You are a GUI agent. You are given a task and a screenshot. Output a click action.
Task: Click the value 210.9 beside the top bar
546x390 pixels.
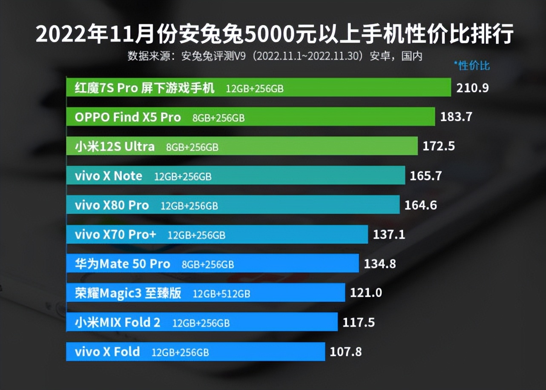click(472, 88)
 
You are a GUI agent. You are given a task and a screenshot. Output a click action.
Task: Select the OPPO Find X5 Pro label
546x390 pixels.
click(128, 118)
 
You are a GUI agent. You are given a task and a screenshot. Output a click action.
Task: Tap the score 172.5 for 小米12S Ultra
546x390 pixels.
click(439, 146)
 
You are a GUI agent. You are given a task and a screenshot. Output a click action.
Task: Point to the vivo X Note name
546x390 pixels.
click(109, 176)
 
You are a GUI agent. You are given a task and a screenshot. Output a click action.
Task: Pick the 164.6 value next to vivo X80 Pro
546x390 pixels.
click(421, 205)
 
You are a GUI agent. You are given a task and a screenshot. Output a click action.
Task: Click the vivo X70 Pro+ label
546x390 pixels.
click(116, 234)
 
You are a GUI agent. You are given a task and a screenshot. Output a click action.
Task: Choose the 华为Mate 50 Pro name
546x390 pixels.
click(122, 264)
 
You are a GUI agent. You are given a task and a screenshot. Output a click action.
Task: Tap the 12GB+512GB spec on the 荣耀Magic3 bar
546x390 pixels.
click(221, 293)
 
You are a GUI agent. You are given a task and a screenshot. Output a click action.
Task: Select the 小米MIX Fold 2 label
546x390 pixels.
click(118, 322)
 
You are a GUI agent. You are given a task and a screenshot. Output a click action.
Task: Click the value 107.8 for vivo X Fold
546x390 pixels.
click(346, 352)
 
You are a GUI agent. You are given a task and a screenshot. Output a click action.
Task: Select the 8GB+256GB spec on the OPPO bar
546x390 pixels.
click(218, 118)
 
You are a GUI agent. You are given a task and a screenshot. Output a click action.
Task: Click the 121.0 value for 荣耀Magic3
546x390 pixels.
click(366, 293)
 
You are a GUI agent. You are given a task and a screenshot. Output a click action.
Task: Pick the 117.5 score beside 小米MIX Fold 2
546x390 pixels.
click(359, 322)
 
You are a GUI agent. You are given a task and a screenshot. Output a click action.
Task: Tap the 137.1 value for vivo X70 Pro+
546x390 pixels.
click(389, 234)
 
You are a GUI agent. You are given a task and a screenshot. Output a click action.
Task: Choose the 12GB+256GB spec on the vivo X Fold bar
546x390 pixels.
click(180, 353)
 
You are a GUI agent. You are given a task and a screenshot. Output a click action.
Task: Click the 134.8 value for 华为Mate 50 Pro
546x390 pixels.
click(380, 264)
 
